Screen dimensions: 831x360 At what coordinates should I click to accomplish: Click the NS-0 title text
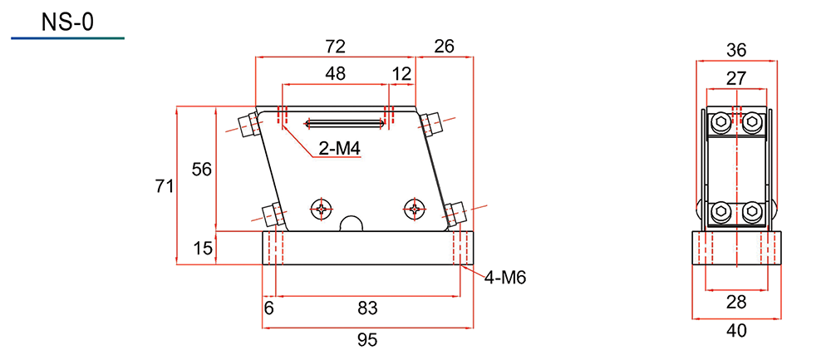[x=66, y=22]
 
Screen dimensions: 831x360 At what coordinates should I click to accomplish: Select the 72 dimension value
[x=336, y=47]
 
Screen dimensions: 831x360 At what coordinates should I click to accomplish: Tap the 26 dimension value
[x=444, y=47]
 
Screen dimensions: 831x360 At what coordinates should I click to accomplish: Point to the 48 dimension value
[x=336, y=74]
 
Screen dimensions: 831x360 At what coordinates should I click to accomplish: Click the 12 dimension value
[x=402, y=74]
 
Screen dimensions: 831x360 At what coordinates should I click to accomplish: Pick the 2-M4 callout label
[x=340, y=149]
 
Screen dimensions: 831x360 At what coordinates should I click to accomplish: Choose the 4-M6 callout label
[x=504, y=278]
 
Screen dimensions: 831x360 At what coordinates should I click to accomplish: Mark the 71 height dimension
[x=164, y=186]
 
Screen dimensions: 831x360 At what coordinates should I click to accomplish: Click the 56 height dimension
[x=201, y=170]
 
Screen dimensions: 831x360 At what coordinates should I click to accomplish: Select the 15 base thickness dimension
[x=201, y=247]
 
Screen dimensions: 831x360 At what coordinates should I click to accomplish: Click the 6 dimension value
[x=268, y=308]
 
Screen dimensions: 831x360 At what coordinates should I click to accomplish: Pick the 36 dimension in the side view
[x=736, y=51]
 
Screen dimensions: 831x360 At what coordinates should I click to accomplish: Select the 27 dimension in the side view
[x=736, y=78]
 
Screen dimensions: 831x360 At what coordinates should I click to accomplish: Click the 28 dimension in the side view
[x=736, y=302]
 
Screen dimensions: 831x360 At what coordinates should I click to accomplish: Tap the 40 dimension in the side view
[x=736, y=331]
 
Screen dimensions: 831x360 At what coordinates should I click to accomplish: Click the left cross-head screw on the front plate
[x=322, y=209]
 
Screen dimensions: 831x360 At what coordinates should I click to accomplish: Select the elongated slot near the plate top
[x=345, y=124]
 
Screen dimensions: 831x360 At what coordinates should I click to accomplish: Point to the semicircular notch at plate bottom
[x=351, y=224]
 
